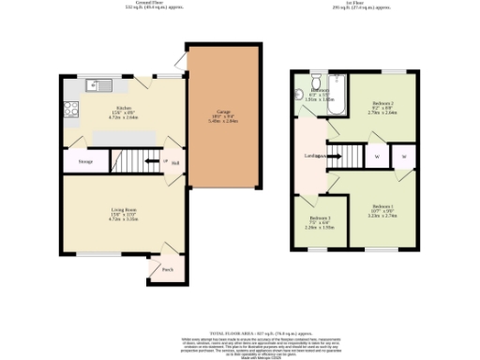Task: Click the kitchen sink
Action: (x=94, y=86)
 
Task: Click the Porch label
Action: (x=167, y=269)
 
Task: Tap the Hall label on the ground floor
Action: (x=174, y=162)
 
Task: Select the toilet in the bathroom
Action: (x=319, y=80)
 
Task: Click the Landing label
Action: (x=313, y=156)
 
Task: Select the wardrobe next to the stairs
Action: (x=376, y=157)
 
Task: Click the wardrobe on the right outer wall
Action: (x=404, y=157)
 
